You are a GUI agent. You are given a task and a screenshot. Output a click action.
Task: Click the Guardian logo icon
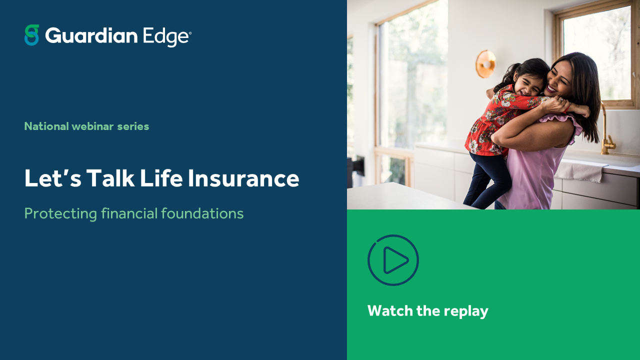tap(31, 35)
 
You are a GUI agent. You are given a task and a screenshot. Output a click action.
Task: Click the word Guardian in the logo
tap(91, 36)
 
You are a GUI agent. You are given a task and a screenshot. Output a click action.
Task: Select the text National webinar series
tap(86, 126)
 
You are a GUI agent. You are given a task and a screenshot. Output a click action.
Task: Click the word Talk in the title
tap(110, 178)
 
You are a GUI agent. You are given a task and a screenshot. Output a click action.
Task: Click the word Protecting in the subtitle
tap(60, 214)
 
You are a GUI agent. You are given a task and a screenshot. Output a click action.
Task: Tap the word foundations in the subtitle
tap(202, 213)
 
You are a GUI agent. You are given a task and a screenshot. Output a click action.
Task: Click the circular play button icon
tap(393, 260)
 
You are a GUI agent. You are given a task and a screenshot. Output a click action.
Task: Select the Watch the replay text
tap(427, 311)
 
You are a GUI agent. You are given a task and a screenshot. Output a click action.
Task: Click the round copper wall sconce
tap(484, 64)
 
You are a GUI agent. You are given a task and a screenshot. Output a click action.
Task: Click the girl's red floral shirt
tap(487, 122)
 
